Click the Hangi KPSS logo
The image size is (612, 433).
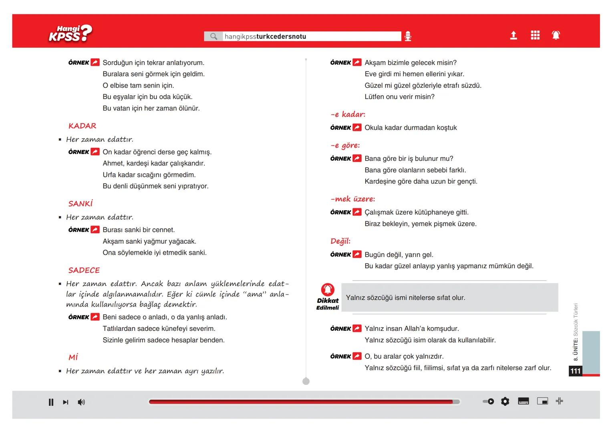click(70, 34)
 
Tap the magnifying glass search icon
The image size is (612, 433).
click(214, 36)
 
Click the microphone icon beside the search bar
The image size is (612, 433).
click(408, 36)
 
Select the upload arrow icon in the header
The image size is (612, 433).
click(513, 36)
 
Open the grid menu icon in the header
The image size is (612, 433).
click(535, 35)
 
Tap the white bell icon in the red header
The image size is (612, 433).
click(556, 35)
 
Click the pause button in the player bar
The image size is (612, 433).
click(51, 402)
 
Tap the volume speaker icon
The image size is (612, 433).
click(81, 402)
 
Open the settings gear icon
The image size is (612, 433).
click(505, 401)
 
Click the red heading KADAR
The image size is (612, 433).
click(83, 126)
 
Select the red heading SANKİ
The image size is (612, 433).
click(81, 204)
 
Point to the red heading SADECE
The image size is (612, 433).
click(84, 270)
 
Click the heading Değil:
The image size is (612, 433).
click(340, 241)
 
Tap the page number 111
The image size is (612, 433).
click(576, 371)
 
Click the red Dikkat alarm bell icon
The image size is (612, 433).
click(328, 289)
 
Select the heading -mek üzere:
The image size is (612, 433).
click(352, 199)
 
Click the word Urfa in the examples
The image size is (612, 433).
click(110, 175)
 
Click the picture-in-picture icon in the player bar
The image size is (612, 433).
click(543, 401)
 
